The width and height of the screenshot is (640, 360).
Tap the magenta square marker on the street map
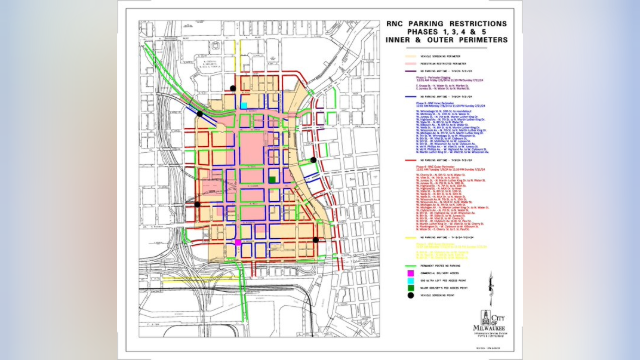(238, 243)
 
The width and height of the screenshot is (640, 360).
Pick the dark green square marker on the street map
(271, 178)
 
